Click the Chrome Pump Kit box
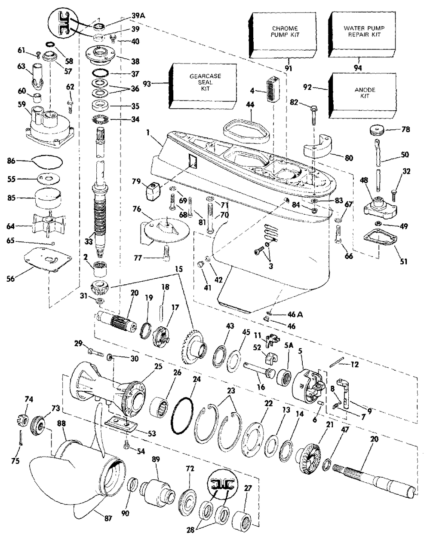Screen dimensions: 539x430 pyautogui.click(x=285, y=34)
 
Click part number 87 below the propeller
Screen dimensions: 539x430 pyautogui.click(x=108, y=518)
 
